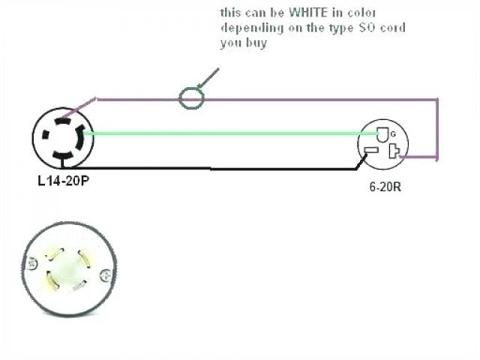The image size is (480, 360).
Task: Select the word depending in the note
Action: tap(247, 28)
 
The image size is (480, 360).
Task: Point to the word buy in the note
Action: tap(256, 44)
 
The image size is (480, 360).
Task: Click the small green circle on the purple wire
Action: tap(191, 97)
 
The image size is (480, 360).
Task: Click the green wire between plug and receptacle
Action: tap(225, 133)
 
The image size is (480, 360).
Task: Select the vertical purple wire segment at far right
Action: tap(437, 127)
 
